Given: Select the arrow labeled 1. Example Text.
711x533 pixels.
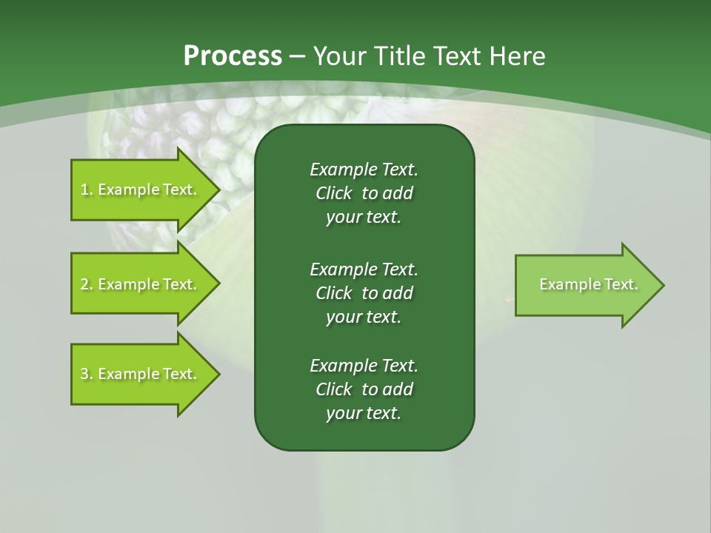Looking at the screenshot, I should point(138,190).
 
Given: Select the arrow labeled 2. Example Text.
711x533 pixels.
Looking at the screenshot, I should point(138,284).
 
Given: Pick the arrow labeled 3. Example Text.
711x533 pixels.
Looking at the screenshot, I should point(138,374).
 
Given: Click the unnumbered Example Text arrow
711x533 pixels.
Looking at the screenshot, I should point(588,284).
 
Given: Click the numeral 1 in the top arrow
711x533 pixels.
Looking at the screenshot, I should point(84,190).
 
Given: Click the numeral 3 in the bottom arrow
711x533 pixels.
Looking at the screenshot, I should point(84,375).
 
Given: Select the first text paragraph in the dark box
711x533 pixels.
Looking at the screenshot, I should point(364,193).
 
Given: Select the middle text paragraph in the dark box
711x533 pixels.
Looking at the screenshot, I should point(364,292).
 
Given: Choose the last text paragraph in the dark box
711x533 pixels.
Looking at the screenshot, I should point(364,389).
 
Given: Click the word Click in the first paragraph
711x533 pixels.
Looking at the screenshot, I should point(333,193).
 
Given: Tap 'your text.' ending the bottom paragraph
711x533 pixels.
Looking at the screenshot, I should point(364,413).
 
